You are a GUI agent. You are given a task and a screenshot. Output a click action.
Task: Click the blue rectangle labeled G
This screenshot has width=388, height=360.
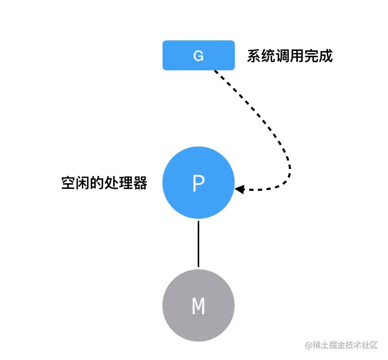[x=198, y=55]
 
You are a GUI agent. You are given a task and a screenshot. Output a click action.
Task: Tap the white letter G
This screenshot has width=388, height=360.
[x=198, y=56]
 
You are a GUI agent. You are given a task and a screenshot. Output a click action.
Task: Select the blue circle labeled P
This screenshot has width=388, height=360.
[x=198, y=183]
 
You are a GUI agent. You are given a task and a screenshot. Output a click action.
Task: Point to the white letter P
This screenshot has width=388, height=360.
[x=198, y=183]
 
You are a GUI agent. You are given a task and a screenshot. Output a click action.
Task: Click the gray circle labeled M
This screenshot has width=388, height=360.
[x=198, y=305]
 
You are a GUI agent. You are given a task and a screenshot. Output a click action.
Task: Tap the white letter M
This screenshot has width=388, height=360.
[x=198, y=306]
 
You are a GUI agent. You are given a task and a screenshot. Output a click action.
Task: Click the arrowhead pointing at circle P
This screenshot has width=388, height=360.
[x=239, y=189]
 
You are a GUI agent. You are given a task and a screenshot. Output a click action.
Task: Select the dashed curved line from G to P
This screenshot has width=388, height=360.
[x=277, y=139]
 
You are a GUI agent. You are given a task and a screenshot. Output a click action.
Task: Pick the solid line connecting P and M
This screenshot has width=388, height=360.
[x=198, y=244]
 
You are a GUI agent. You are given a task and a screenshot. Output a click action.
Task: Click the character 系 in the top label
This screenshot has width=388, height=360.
[x=254, y=56]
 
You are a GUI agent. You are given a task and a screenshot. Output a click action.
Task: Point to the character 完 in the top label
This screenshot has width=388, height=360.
[x=311, y=56]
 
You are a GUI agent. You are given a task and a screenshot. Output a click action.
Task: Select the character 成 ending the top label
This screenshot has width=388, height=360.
[x=326, y=56]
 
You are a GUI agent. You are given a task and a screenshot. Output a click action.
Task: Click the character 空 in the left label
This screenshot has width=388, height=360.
[x=69, y=183]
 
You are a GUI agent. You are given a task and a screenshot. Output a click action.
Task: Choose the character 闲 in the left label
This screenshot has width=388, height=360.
[x=83, y=183]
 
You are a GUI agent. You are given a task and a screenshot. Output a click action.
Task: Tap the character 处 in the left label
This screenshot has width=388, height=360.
[x=111, y=183]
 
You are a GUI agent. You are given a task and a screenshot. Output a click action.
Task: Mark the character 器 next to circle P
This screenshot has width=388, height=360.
[x=140, y=183]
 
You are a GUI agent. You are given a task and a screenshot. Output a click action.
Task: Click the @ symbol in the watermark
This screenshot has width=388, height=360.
[x=309, y=345]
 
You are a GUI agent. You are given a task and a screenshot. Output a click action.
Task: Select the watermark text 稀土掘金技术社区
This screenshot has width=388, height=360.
[x=345, y=345]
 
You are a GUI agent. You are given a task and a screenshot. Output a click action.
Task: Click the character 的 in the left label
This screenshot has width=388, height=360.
[x=97, y=183]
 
